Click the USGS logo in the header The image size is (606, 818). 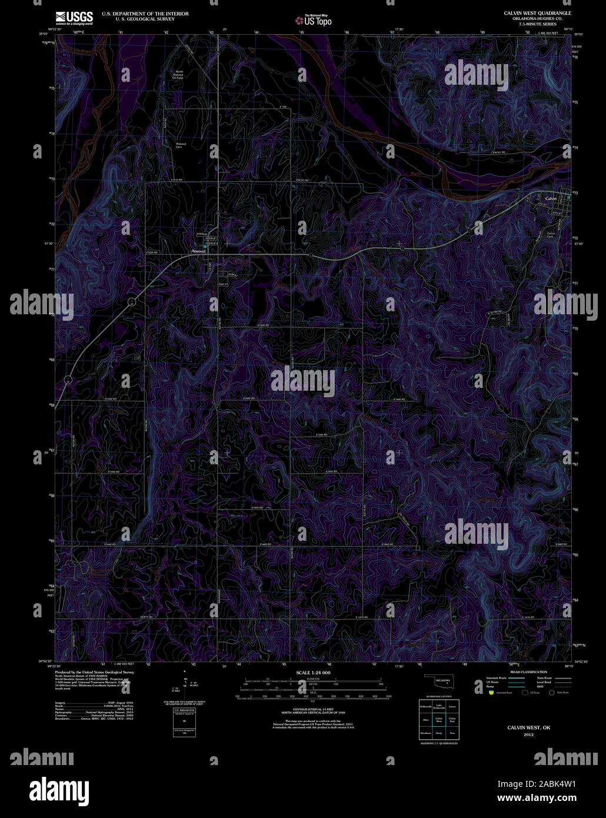click(x=74, y=17)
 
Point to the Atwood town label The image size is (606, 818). click(x=198, y=251)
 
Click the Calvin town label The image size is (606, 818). click(x=551, y=199)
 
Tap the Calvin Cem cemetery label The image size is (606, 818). click(x=551, y=235)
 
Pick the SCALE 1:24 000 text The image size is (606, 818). click(x=313, y=672)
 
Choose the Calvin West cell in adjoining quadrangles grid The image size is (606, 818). click(x=438, y=719)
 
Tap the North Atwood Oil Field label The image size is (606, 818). click(x=179, y=77)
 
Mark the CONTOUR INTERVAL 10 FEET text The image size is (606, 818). click(x=312, y=710)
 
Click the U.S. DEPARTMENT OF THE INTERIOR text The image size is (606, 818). click(x=145, y=12)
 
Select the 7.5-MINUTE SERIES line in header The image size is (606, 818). click(x=537, y=24)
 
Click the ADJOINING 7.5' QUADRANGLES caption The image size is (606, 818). click(x=438, y=743)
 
